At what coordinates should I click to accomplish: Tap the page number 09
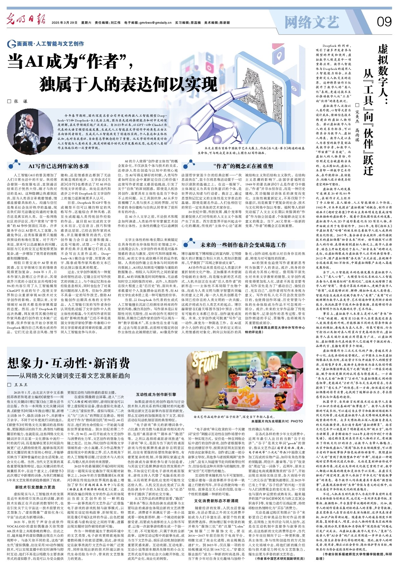[384, 22]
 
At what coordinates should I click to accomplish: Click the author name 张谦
[21, 101]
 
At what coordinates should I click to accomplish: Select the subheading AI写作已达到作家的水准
[58, 166]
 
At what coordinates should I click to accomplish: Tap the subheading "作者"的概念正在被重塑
[243, 166]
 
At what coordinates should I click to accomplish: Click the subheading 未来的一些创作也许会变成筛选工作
[243, 245]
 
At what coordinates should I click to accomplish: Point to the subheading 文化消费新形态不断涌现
[216, 501]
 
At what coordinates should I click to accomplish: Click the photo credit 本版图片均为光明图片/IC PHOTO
[277, 421]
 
